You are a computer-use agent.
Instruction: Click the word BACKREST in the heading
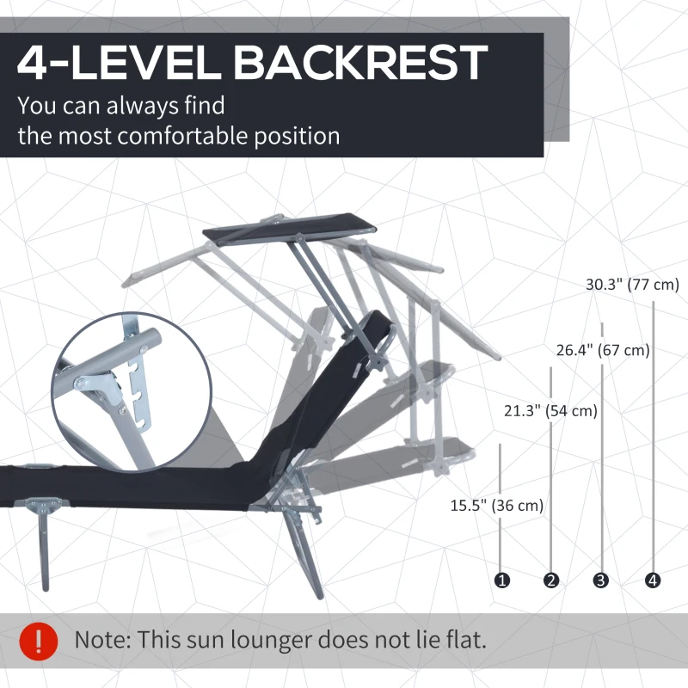pos(359,63)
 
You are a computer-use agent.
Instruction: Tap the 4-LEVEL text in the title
pos(119,63)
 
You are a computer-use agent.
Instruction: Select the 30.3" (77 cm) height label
pos(632,285)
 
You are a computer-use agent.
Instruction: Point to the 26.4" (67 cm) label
pos(603,350)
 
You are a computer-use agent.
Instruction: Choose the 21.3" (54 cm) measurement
pos(550,411)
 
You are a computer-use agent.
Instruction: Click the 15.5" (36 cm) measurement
pos(497,505)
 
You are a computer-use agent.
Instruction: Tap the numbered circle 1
pos(502,580)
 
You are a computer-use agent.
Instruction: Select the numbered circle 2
pos(551,580)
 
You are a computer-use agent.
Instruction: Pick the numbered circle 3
pos(600,580)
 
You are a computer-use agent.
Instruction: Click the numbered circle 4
pos(653,580)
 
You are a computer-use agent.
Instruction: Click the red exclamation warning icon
pos(39,641)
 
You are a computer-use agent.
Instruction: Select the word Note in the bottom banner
pos(101,639)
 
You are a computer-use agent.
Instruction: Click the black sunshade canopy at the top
pos(289,226)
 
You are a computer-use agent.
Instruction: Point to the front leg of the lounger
pos(43,544)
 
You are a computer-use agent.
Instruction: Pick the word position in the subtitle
pos(297,137)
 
